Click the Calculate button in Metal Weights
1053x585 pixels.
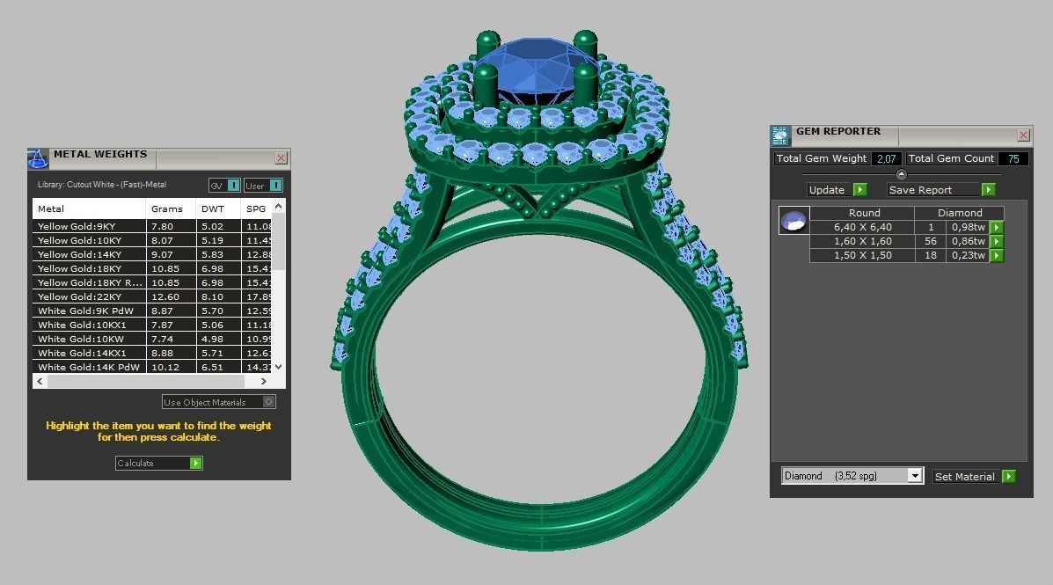[159, 463]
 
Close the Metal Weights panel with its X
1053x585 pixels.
[281, 158]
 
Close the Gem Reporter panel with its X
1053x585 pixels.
[1023, 135]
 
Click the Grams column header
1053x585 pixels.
[167, 208]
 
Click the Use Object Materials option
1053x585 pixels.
[219, 402]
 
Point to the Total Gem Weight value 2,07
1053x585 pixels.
[887, 158]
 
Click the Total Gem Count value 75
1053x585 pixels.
[1013, 158]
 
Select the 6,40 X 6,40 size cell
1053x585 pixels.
[862, 227]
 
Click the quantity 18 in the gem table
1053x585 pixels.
[931, 255]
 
